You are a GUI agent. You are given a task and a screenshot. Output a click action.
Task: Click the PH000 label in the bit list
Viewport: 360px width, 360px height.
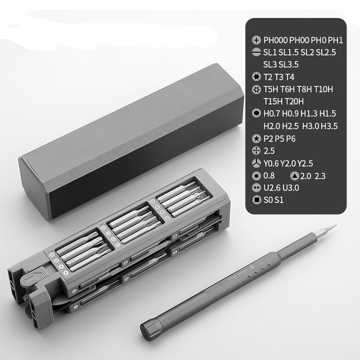[x=276, y=40]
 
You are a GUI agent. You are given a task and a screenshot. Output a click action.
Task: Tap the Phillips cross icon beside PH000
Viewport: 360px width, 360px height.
[x=256, y=40]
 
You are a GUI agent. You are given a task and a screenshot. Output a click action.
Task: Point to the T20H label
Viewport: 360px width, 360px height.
[x=294, y=101]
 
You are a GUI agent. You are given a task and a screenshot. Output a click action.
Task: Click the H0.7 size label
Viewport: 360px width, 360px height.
[x=272, y=114]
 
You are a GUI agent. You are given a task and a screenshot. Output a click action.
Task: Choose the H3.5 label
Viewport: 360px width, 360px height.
[x=329, y=126]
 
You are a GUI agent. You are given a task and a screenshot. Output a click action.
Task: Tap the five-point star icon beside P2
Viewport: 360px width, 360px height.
[x=256, y=138]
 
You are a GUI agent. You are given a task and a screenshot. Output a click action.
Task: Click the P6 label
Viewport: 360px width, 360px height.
[x=291, y=139]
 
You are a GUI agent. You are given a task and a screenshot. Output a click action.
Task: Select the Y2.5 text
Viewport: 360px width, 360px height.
[x=305, y=164]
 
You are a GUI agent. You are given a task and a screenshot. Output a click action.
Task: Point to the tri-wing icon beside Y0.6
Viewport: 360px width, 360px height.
[x=256, y=163]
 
